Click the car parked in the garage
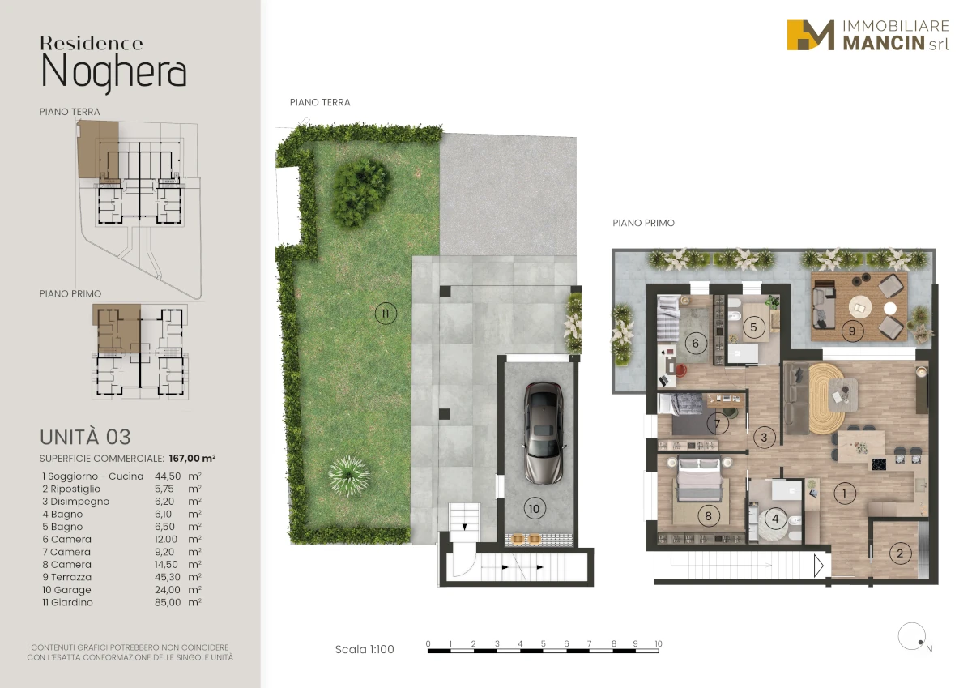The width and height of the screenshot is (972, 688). click(x=544, y=433)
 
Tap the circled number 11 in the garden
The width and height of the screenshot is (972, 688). click(x=386, y=314)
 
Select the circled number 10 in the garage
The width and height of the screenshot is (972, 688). click(x=534, y=508)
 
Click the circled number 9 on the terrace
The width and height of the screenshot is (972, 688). click(x=852, y=331)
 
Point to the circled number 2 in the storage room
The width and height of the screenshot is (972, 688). click(x=900, y=553)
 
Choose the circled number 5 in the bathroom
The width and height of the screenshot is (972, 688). click(x=753, y=327)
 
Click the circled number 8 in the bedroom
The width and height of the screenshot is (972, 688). click(x=708, y=515)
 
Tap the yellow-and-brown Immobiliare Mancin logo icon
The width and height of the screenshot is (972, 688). click(x=810, y=35)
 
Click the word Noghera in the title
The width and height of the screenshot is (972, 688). click(x=113, y=73)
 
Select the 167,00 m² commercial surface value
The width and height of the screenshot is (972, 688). click(x=192, y=459)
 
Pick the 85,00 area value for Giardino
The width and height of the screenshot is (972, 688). click(x=168, y=602)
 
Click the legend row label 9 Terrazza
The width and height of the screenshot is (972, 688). click(x=67, y=577)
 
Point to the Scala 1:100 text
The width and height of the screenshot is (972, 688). click(x=364, y=649)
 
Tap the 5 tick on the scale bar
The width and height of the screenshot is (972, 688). click(x=544, y=643)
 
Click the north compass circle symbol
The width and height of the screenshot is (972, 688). click(x=912, y=636)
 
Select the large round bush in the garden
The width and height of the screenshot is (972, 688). click(x=360, y=192)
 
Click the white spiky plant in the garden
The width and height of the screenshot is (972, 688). click(x=349, y=476)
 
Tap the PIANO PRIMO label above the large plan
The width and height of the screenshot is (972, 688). click(x=643, y=223)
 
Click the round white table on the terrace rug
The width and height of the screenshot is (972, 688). click(x=859, y=307)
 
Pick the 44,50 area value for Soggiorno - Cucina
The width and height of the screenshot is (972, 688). click(x=168, y=476)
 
